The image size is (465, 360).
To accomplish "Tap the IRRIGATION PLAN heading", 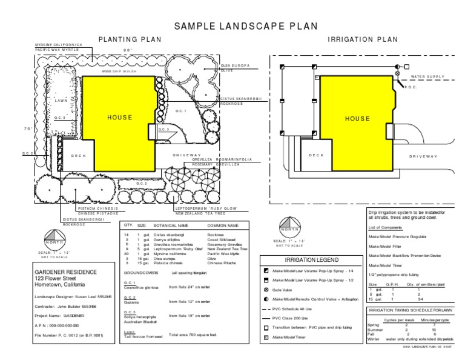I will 363,40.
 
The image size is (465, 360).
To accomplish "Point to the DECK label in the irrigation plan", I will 317,156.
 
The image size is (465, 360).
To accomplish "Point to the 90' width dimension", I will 128,50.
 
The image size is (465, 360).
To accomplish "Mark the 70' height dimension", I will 27,128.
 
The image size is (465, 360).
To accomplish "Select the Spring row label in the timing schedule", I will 373,325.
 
